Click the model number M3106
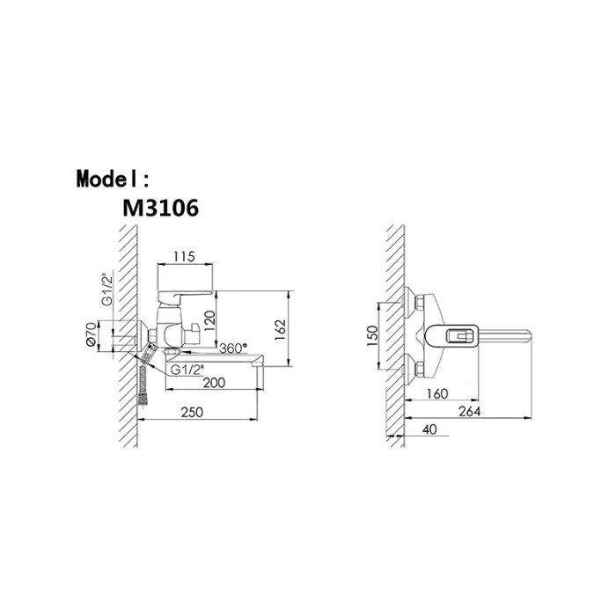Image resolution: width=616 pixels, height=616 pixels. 160,208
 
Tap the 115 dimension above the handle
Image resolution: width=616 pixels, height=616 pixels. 184,257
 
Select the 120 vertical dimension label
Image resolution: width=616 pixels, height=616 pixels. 209,321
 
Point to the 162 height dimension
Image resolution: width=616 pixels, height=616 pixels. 280,330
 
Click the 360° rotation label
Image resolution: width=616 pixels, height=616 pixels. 233,348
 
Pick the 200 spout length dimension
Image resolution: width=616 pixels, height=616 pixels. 214,382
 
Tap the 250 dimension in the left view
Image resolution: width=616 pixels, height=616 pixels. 192,412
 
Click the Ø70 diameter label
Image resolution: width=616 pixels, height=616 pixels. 92,334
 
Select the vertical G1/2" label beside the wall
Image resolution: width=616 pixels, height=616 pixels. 106,290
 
